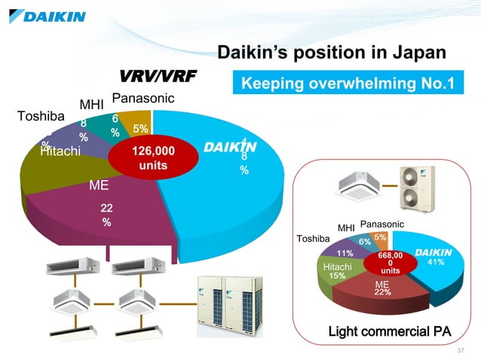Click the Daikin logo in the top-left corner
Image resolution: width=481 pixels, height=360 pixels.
coord(47,15)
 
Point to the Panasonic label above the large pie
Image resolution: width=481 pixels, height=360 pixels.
coord(143,99)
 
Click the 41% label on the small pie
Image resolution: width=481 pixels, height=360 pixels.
coord(436,262)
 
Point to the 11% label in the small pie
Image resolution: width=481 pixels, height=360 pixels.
coord(345,253)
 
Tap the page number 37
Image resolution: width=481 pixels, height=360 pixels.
coord(462,351)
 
